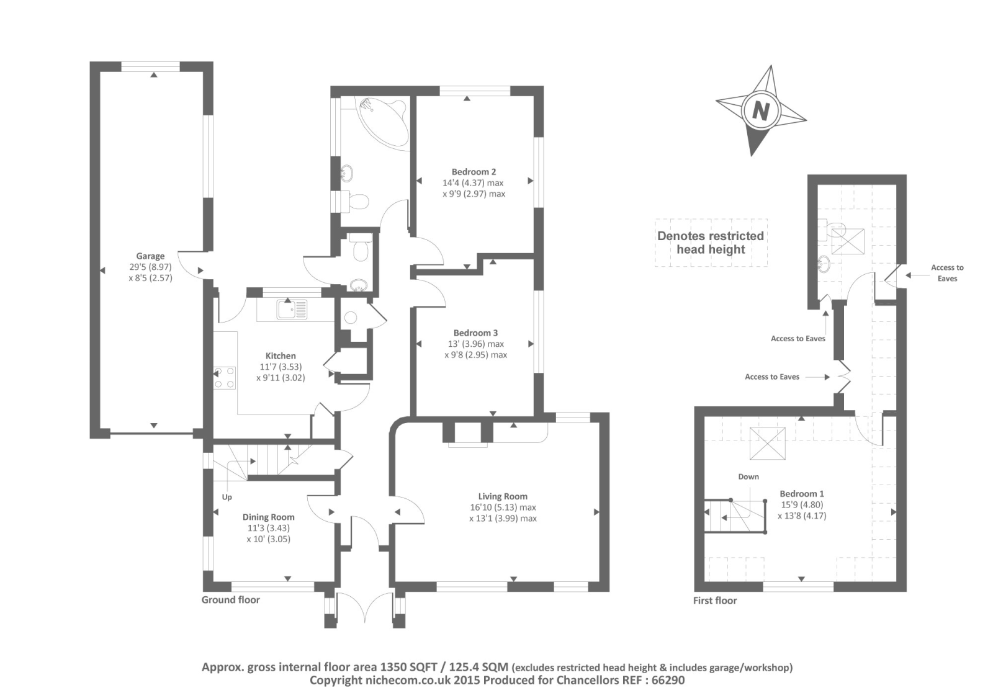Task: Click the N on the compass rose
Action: pos(760,112)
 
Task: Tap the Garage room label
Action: pos(150,256)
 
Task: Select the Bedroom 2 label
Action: pos(474,172)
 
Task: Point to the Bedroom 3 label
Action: pos(475,333)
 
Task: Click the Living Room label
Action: pos(503,496)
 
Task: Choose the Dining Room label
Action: pos(268,517)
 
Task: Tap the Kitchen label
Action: pos(281,356)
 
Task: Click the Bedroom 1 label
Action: pos(802,494)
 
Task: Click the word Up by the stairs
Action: pos(227,497)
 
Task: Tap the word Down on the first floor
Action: pos(748,476)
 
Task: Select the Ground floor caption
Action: pos(231,600)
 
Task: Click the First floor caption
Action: pos(715,601)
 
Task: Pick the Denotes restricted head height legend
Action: pos(711,243)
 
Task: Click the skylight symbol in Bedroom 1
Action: pos(768,444)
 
